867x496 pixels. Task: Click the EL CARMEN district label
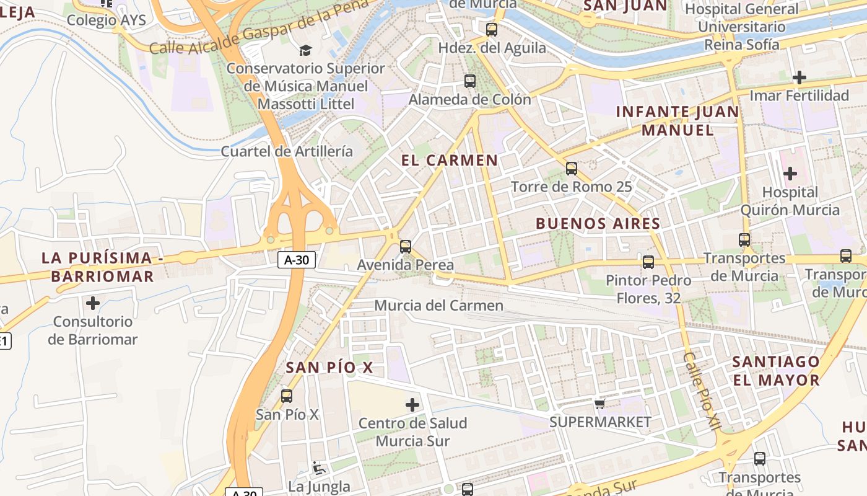click(x=450, y=160)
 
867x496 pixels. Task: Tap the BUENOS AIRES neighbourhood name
click(x=598, y=223)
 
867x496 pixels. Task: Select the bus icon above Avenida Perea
click(x=406, y=246)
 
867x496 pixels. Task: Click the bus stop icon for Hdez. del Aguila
click(x=492, y=29)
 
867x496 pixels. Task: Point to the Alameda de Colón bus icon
click(x=470, y=81)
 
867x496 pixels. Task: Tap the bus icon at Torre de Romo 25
click(x=572, y=168)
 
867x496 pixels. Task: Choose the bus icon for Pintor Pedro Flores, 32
click(x=648, y=262)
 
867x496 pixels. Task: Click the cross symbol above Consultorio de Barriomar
click(x=93, y=303)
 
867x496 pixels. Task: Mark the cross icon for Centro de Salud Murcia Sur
click(x=412, y=405)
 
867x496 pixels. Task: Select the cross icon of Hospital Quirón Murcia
click(x=790, y=174)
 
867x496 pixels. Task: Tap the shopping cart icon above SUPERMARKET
click(x=599, y=404)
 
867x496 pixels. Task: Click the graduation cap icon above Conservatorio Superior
click(x=305, y=50)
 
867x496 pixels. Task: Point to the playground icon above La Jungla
click(x=319, y=468)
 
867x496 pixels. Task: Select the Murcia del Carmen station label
click(x=439, y=305)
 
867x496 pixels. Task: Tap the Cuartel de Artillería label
click(x=287, y=151)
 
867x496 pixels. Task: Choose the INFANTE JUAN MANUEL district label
click(x=677, y=121)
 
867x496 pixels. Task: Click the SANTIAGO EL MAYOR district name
click(x=776, y=370)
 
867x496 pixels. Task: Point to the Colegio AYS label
click(x=107, y=20)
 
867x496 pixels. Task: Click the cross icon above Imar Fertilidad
click(x=799, y=77)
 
